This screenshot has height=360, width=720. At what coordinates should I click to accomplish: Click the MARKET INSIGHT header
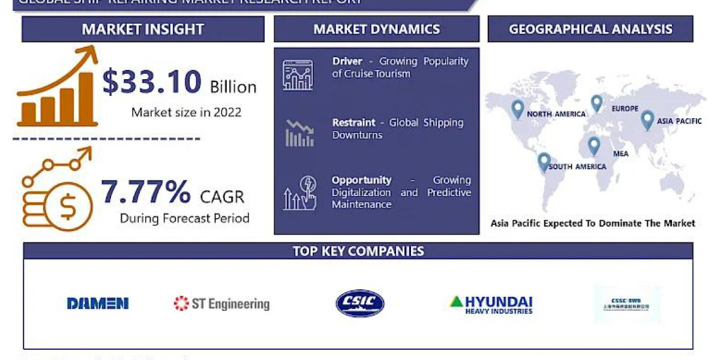click(x=143, y=29)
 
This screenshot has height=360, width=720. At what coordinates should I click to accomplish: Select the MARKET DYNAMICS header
click(x=376, y=29)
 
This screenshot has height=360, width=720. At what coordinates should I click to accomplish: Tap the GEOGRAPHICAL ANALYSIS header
click(x=590, y=29)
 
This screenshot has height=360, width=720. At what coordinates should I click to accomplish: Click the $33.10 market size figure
click(x=152, y=82)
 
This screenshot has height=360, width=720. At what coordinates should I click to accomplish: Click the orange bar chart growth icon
click(x=57, y=90)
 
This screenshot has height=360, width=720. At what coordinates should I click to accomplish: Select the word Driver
click(x=347, y=61)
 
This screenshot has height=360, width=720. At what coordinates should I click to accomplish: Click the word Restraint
click(x=354, y=122)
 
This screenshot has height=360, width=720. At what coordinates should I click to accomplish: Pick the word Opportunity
click(x=362, y=180)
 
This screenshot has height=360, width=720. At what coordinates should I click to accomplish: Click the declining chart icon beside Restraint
click(x=299, y=133)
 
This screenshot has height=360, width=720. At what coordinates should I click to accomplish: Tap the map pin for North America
click(x=517, y=109)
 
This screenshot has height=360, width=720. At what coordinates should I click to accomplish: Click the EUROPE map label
click(x=625, y=109)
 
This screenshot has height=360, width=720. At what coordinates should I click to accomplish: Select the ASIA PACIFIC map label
click(x=679, y=121)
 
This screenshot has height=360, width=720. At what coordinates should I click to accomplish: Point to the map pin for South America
click(x=544, y=161)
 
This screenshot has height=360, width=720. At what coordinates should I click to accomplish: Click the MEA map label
click(x=621, y=154)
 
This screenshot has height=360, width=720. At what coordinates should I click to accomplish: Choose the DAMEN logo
click(x=98, y=304)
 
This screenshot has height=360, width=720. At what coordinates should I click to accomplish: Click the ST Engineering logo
click(x=221, y=304)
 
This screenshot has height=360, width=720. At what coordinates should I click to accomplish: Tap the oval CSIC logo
click(x=360, y=303)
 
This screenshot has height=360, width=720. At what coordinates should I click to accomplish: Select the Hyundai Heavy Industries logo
click(x=491, y=304)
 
